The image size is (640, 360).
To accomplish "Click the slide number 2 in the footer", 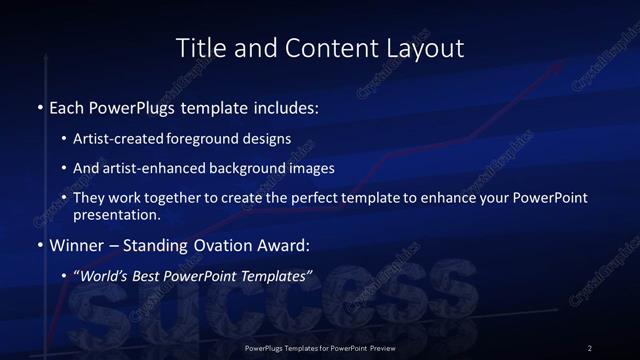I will click(x=589, y=347).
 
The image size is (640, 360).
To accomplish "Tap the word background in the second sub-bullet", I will click(x=268, y=168).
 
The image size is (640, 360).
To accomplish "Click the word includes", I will click(x=284, y=106).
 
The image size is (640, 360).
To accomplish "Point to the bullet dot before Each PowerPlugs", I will click(x=40, y=106).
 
